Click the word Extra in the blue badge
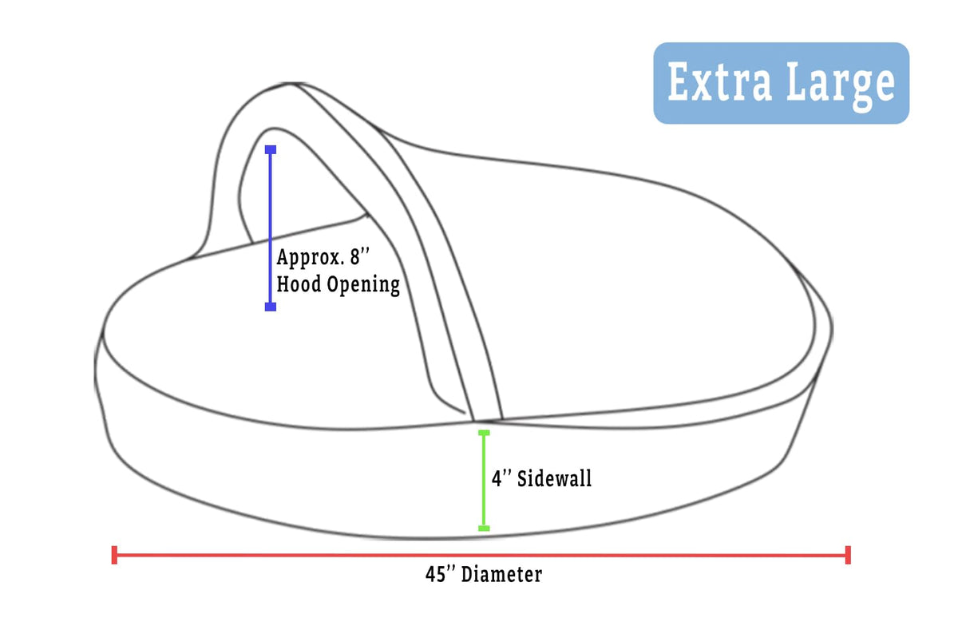720,81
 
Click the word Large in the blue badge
841,86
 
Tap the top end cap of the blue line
271,150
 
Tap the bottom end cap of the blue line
271,307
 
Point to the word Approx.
311,259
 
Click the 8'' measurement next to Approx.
360,256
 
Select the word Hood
299,284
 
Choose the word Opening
363,285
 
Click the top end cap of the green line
484,433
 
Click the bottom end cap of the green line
484,529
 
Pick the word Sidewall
554,478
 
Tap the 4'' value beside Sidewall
501,478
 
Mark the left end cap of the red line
114,555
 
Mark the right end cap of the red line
848,555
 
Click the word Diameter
501,574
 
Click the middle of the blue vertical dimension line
271,228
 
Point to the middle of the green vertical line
484,481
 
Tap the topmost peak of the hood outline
293,83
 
